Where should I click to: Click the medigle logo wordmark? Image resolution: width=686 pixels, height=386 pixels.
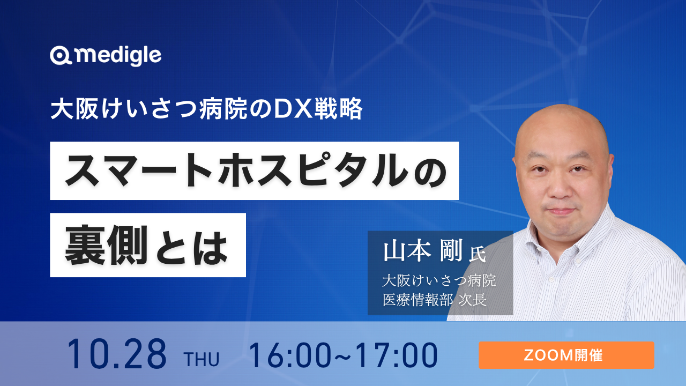pyautogui.click(x=118, y=56)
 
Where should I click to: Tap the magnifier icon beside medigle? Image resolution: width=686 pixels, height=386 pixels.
pyautogui.click(x=61, y=56)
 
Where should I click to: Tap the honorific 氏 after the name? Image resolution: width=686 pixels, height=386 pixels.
pyautogui.click(x=478, y=254)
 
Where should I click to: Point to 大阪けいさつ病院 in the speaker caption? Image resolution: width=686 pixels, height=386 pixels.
pyautogui.click(x=439, y=280)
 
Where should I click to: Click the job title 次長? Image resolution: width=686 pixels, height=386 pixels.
pyautogui.click(x=473, y=300)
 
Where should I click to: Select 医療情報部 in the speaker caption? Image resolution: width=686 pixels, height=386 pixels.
pyautogui.click(x=418, y=300)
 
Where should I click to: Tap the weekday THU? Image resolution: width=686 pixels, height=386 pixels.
pyautogui.click(x=202, y=359)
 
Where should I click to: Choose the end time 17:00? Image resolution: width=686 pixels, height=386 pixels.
pyautogui.click(x=397, y=355)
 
